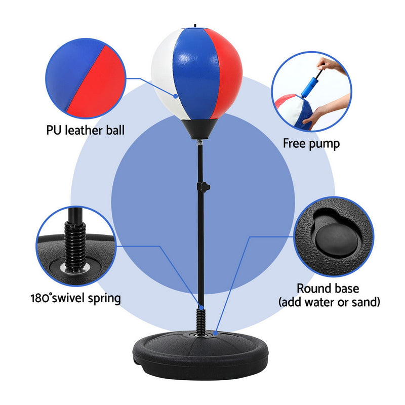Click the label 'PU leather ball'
coord(85,131)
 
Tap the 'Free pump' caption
coord(311,143)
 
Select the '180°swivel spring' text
coord(75,297)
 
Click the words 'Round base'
coord(328,289)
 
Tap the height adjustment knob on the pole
coord(205,187)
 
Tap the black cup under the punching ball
coord(201,129)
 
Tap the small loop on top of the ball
coord(195,24)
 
